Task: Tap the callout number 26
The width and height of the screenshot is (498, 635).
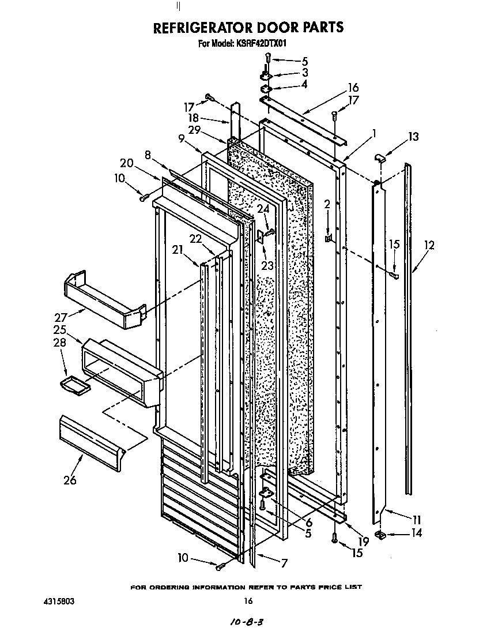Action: tap(70, 480)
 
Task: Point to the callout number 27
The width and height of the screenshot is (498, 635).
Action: tap(62, 316)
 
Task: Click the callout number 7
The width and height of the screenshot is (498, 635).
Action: tap(283, 563)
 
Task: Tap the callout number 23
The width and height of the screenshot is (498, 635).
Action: tap(267, 265)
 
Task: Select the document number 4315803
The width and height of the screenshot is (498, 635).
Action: tap(59, 601)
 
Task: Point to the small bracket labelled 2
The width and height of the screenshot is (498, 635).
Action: tap(328, 238)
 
